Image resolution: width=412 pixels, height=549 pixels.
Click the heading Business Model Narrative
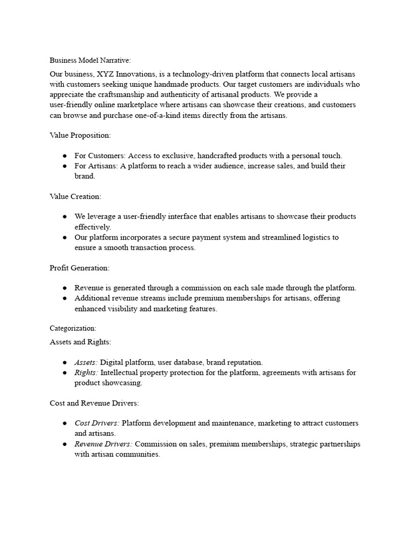[90, 61]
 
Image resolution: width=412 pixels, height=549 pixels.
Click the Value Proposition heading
[80, 136]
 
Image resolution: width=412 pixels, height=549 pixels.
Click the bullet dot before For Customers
[64, 156]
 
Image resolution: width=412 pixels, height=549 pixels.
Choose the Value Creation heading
[75, 196]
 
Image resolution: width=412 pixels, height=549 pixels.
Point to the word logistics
[322, 237]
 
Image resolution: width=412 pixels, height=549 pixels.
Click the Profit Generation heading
[79, 268]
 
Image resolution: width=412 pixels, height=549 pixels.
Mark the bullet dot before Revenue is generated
[64, 288]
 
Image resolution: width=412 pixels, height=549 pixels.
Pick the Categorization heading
[73, 328]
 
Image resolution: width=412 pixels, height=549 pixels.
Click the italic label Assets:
[86, 362]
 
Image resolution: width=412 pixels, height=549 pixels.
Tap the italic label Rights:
[86, 373]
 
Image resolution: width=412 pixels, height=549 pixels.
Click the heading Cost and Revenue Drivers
[94, 403]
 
